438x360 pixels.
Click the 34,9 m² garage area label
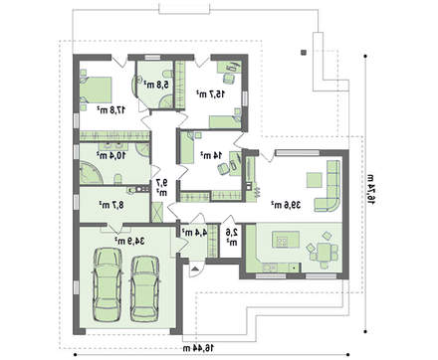129,241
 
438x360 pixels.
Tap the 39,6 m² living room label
287,205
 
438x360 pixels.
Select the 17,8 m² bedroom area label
111,109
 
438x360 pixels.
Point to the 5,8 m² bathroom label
156,85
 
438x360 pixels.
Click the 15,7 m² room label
211,94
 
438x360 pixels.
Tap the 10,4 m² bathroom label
111,155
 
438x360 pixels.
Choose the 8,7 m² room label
111,205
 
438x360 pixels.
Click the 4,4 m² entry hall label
194,233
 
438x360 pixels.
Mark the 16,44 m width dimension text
199,348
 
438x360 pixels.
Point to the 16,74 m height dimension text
370,189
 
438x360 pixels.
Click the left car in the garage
108,284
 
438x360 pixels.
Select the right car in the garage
144,288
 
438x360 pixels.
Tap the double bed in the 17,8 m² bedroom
96,90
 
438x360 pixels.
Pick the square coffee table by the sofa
314,180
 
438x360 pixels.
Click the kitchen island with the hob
286,239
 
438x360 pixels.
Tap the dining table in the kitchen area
324,252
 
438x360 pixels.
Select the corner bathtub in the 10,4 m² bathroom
91,172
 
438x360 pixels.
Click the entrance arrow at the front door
195,269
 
